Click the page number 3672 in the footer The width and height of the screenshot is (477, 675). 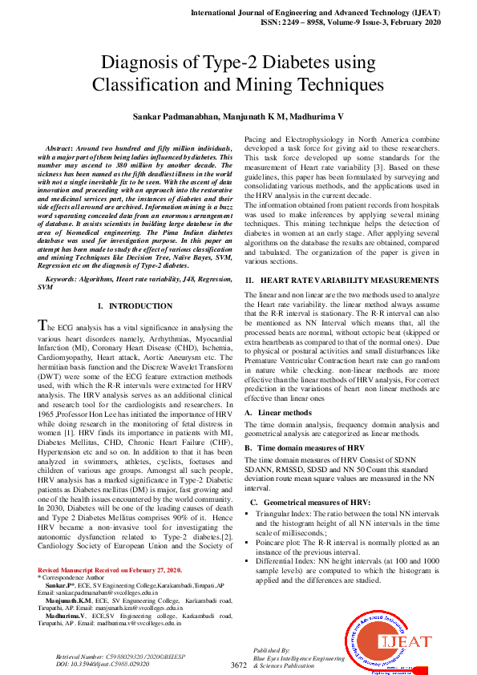point(238,665)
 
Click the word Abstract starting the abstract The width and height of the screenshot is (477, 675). point(59,150)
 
